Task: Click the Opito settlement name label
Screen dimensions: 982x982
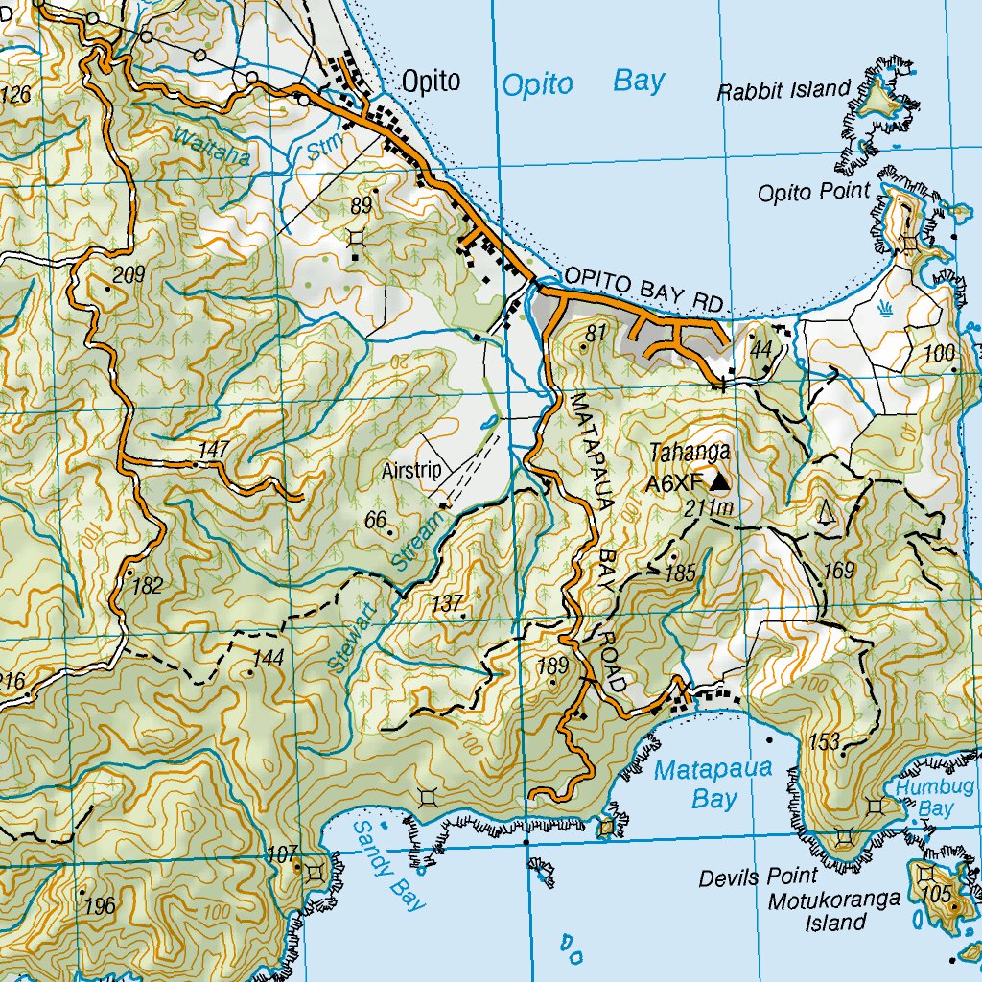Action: [431, 82]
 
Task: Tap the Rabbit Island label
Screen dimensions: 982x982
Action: [783, 91]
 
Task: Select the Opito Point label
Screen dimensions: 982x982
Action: [814, 193]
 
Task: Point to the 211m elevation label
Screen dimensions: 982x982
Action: [710, 508]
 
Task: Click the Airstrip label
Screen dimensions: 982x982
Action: [410, 471]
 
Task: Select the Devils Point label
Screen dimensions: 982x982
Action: [758, 877]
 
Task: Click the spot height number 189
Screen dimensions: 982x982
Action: [554, 666]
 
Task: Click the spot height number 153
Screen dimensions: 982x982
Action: [825, 741]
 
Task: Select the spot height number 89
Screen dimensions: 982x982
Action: [361, 204]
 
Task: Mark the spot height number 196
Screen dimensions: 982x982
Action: [100, 905]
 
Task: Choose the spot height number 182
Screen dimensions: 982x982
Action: [148, 586]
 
